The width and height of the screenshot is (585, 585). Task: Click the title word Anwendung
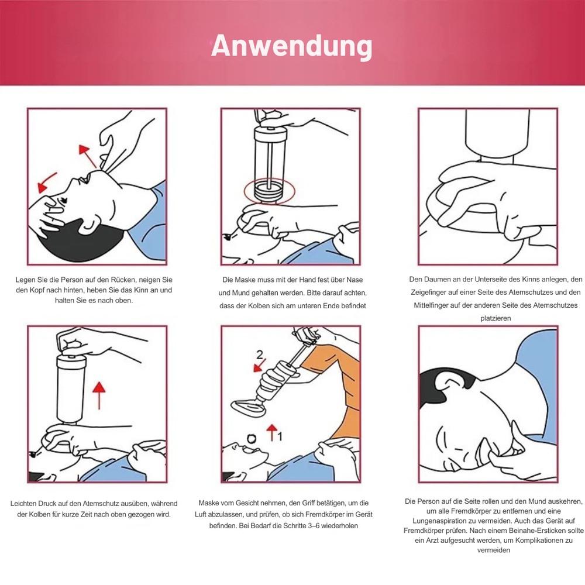pos(292,46)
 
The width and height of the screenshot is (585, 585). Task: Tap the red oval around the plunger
pos(245,191)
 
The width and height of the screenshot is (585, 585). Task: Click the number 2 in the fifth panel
pos(260,355)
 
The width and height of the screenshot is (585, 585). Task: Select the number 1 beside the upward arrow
pos(280,436)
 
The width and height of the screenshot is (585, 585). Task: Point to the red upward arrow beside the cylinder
pos(99,395)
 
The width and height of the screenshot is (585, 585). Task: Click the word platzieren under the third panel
pos(495,318)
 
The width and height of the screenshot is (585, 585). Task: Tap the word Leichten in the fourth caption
pos(23,503)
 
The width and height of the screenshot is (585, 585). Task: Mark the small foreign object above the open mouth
pos(252,439)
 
